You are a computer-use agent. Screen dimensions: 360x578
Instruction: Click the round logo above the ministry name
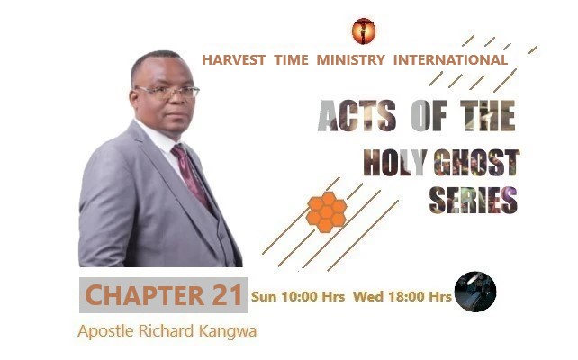364,31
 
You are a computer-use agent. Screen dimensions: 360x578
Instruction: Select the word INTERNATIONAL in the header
449,60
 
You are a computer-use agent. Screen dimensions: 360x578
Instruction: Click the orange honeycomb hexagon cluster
326,211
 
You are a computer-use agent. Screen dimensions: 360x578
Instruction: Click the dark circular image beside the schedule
474,292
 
